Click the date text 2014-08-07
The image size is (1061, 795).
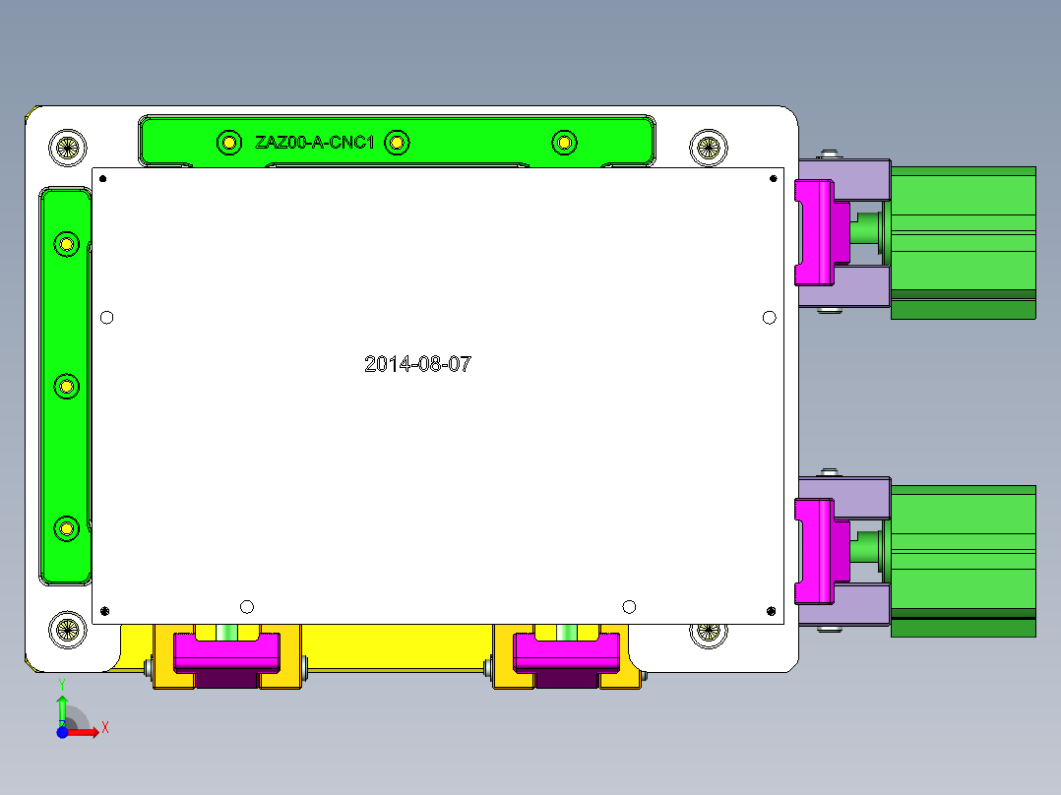coord(417,364)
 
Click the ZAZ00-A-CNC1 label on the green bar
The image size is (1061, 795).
coord(314,143)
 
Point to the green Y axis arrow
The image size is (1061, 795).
coord(62,706)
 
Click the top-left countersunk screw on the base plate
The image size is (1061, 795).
coord(67,149)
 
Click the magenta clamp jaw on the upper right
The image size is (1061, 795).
coord(815,230)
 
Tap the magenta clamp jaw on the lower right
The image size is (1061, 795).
coord(815,550)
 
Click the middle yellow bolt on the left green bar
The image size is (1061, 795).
coord(66,386)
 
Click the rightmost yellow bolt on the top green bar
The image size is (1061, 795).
coord(563,144)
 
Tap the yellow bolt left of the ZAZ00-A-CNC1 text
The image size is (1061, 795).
coord(228,144)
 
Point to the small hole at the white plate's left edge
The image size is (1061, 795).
coord(107,317)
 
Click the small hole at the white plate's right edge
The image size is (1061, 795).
coord(770,317)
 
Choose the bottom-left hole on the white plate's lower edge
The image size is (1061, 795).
coord(246,605)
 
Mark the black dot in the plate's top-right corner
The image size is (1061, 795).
coord(773,178)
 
